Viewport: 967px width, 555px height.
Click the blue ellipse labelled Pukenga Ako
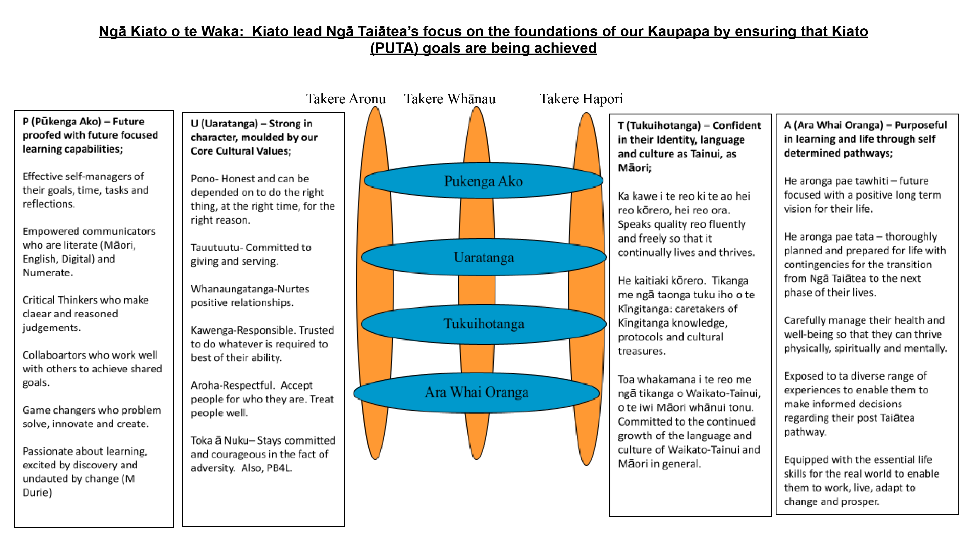(x=483, y=181)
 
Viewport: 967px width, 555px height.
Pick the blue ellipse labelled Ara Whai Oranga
(x=476, y=393)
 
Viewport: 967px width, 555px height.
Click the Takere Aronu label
(x=346, y=99)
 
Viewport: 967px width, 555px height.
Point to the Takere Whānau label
(x=450, y=99)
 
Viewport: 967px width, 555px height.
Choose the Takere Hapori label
(x=581, y=99)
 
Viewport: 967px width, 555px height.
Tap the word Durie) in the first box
(x=37, y=492)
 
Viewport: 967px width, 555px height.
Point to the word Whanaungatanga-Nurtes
(x=250, y=289)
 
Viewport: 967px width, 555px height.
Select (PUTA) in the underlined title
(x=394, y=48)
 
